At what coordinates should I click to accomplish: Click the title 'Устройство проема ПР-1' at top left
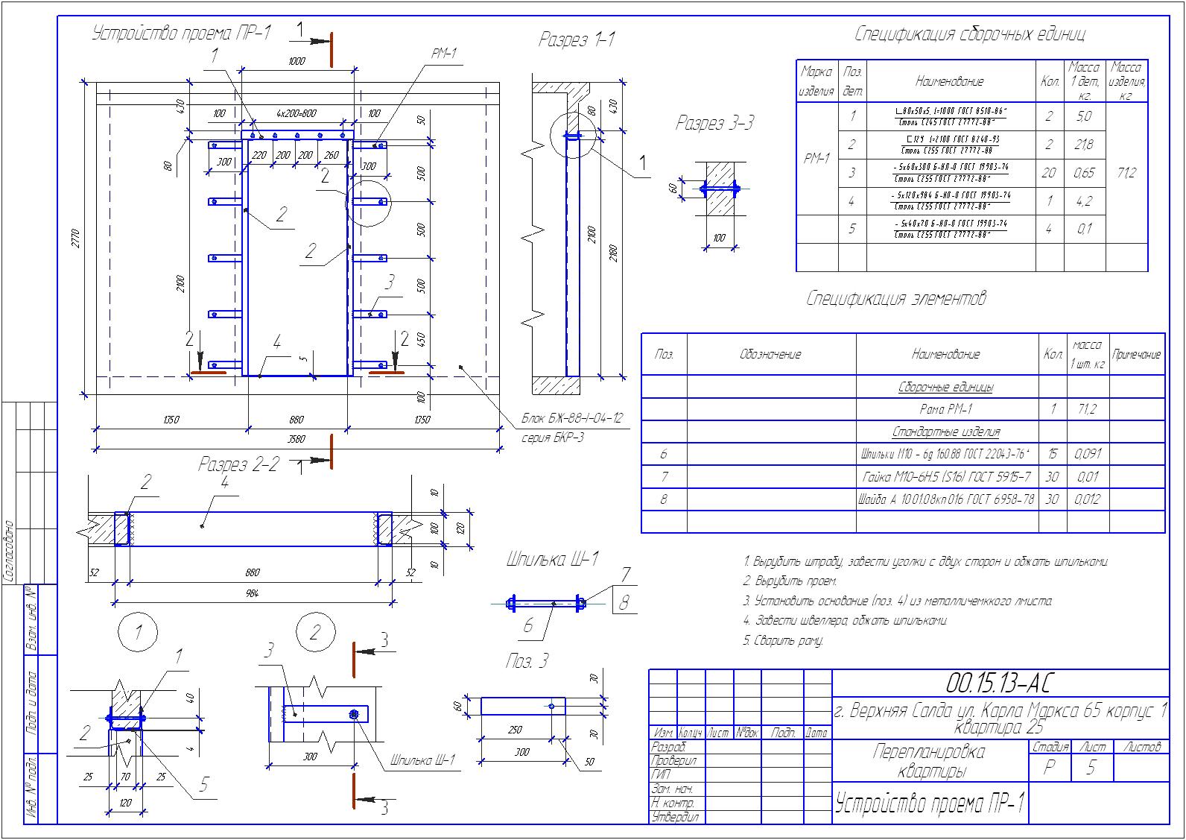(x=181, y=34)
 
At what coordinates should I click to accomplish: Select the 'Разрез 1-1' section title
(x=577, y=40)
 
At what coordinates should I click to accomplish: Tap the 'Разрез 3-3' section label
(x=714, y=124)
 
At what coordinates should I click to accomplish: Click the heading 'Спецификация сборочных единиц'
(x=969, y=34)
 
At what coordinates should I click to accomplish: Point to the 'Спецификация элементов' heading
(x=896, y=299)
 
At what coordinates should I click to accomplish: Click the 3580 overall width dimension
(x=296, y=440)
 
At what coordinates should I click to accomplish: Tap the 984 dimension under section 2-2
(x=252, y=593)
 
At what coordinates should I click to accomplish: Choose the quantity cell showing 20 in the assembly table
(x=1048, y=173)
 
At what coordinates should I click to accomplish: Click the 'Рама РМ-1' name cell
(x=946, y=409)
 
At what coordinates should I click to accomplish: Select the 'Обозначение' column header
(x=770, y=355)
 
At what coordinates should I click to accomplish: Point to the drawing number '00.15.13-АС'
(x=998, y=683)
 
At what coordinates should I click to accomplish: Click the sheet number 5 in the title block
(x=1091, y=768)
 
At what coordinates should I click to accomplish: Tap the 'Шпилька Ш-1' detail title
(x=552, y=560)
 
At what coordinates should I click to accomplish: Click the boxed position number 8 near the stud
(x=624, y=601)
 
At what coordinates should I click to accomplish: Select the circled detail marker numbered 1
(x=138, y=633)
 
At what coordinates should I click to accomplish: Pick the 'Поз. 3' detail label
(x=527, y=661)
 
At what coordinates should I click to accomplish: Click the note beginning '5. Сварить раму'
(x=783, y=640)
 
